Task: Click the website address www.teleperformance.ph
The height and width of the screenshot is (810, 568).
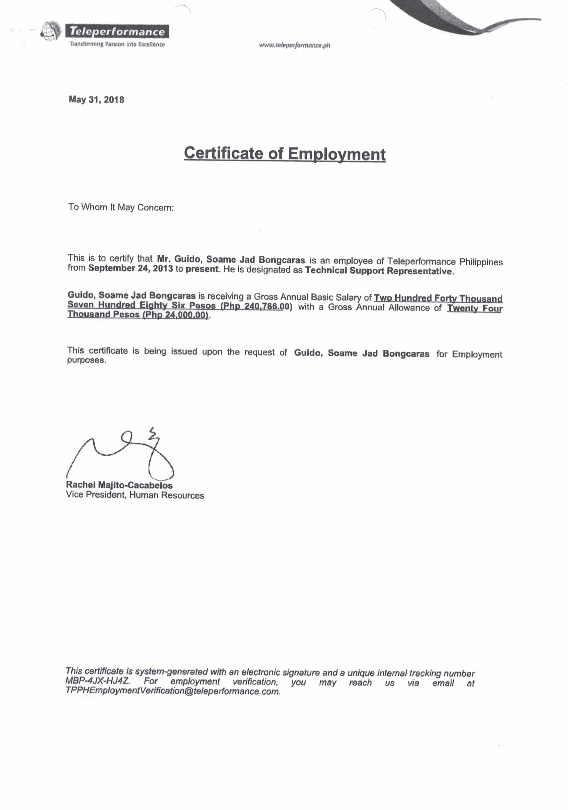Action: pos(294,45)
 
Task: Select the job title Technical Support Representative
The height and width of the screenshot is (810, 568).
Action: pos(378,271)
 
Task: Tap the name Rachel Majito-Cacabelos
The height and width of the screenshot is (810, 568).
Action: pos(119,485)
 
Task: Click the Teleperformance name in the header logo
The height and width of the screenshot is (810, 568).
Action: pos(117,31)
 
